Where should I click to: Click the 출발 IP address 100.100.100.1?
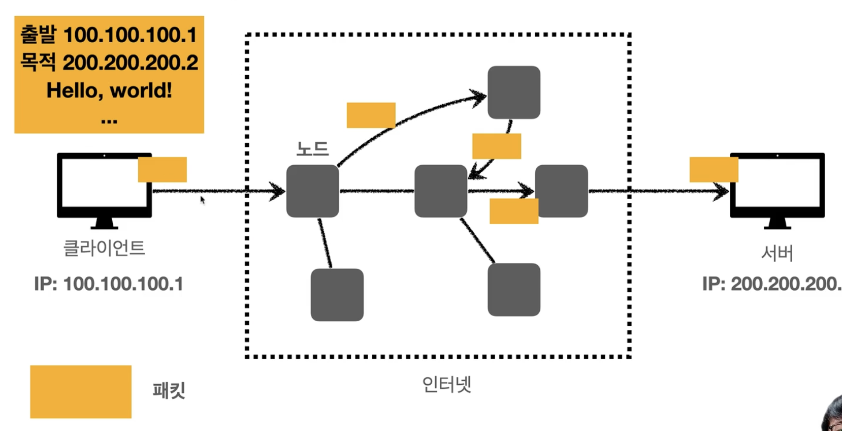coord(130,35)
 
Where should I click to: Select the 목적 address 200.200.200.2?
coord(130,63)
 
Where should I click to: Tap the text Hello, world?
coord(109,90)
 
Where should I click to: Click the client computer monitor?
coord(104,188)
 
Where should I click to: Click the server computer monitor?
coord(777,188)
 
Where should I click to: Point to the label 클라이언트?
coord(104,248)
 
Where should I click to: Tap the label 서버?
coord(777,253)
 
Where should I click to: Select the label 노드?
coord(313,149)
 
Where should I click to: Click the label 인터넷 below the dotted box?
coord(447,385)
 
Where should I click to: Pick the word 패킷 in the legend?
coord(169,391)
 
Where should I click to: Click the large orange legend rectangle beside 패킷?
coord(81,391)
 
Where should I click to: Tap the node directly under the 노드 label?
coord(313,191)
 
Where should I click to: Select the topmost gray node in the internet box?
coord(514,93)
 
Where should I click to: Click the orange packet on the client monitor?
coord(163,169)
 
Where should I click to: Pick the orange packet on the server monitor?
coord(714,169)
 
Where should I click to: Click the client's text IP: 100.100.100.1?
coord(109,284)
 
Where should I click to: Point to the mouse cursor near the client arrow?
coord(202,200)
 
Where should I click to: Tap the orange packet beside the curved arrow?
coord(371,115)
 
